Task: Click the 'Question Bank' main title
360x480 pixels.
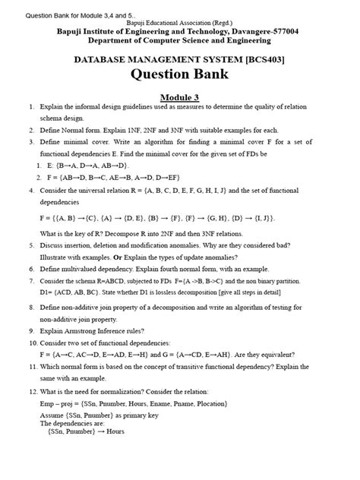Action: [180, 76]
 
